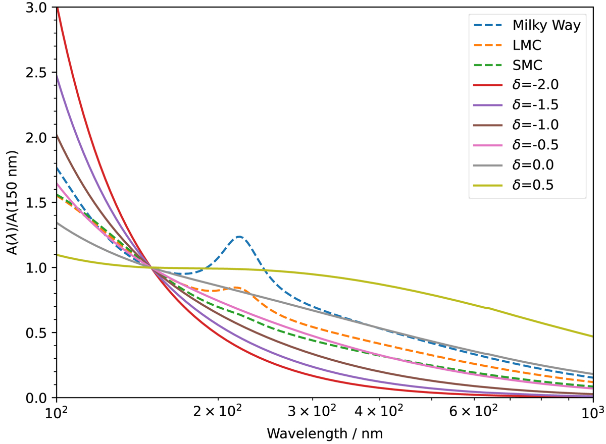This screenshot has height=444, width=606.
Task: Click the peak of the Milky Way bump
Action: click(x=239, y=237)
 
